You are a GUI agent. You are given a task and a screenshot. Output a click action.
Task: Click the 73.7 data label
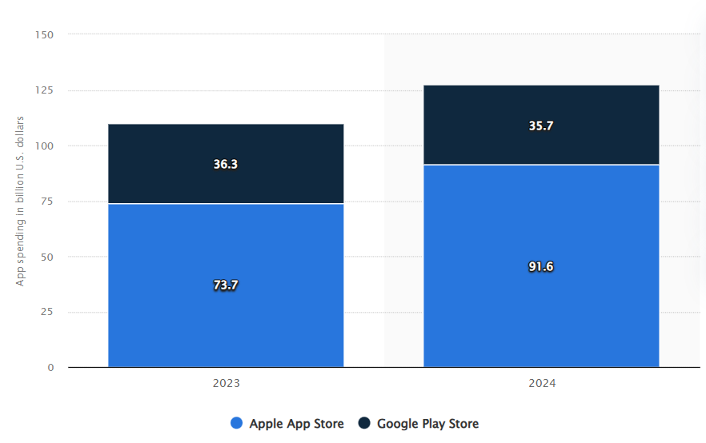226,285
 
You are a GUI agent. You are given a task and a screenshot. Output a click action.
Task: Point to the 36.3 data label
226,164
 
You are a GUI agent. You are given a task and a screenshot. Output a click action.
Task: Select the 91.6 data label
541,266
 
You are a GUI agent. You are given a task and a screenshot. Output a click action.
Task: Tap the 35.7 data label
541,126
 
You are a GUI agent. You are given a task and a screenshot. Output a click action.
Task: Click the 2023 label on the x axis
226,383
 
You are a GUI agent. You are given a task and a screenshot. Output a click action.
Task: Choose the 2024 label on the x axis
542,383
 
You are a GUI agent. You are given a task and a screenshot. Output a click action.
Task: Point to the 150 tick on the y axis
44,34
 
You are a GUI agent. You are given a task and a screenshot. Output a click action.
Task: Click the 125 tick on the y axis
44,90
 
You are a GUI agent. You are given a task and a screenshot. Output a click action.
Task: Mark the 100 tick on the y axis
44,146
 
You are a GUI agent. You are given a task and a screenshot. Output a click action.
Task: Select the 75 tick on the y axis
47,202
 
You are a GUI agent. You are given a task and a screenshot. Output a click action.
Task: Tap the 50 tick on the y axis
47,257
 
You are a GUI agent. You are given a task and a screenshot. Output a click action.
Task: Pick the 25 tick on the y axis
47,312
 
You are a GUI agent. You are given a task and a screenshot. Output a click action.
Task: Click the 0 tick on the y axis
50,368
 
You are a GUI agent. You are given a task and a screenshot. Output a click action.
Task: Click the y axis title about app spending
21,201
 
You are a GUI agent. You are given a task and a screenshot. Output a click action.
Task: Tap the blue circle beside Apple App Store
236,423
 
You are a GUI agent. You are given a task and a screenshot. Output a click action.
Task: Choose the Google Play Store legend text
427,423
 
